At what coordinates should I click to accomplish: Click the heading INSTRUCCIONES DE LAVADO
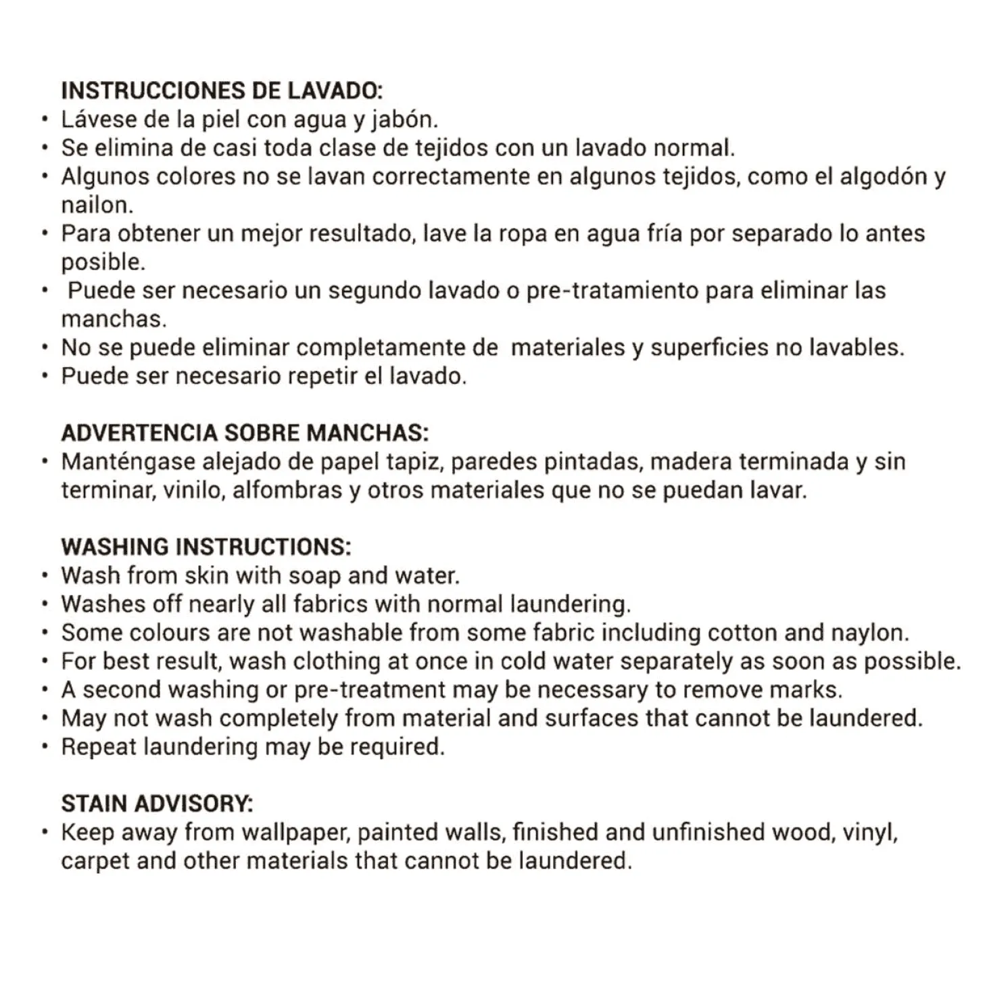coord(222,91)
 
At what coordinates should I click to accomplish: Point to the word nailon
coord(97,205)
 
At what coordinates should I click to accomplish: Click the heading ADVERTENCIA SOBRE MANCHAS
coord(245,433)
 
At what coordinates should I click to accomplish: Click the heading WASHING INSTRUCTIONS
coord(206,547)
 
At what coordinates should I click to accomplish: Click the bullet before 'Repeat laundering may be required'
coord(45,747)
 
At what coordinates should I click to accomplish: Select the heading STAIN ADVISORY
coord(157,804)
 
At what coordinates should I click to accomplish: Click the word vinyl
coord(870,833)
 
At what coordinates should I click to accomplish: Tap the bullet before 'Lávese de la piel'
coord(45,120)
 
